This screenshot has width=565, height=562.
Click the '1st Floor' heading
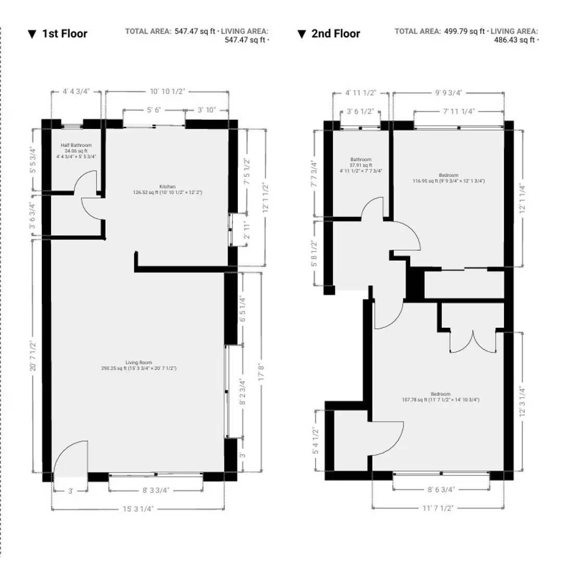point(65,34)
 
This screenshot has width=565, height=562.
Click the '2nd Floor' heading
point(335,34)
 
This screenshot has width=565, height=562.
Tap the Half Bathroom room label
point(76,151)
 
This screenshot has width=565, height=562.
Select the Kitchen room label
point(168,189)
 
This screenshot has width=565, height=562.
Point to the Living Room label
point(139,365)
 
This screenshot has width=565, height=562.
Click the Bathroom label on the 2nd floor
point(361,165)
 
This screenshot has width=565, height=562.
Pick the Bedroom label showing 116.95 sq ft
point(448,178)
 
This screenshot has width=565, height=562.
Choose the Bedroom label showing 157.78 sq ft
point(441,397)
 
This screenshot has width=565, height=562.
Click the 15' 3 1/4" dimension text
point(138,509)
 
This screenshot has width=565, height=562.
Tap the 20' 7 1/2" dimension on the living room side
point(33,356)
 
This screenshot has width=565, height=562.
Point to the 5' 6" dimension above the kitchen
point(154,110)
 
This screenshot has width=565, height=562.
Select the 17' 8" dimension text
point(261,372)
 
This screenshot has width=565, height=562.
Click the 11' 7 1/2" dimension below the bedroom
point(437,508)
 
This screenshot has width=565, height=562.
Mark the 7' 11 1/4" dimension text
point(459,111)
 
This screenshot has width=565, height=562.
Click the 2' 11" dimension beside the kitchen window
point(247,231)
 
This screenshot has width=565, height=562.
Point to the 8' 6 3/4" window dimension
point(441,489)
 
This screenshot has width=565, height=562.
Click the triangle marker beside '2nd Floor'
point(302,34)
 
